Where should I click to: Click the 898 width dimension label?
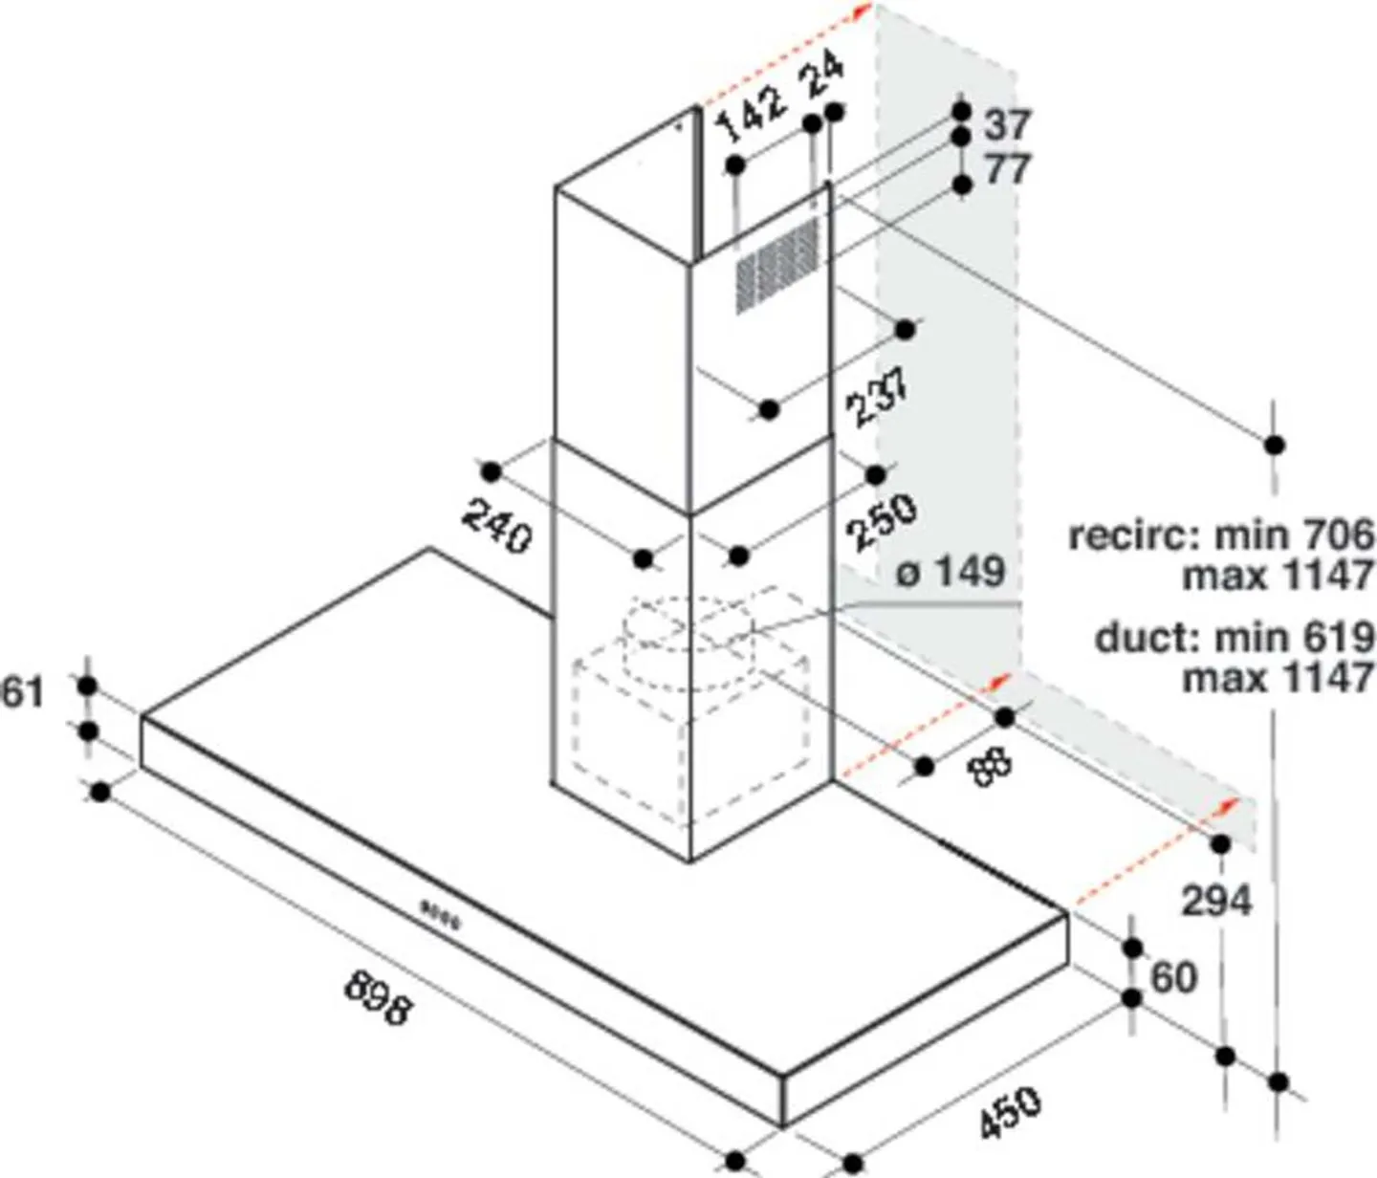click(378, 996)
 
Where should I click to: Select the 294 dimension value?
click(1215, 901)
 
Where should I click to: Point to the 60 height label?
click(1173, 977)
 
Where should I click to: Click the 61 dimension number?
click(23, 691)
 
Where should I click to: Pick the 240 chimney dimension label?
click(496, 527)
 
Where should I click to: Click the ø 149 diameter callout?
click(951, 572)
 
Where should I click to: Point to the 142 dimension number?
click(752, 112)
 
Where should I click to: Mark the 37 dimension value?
click(1007, 124)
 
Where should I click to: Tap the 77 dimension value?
click(1007, 169)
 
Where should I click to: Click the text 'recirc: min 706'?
click(1220, 534)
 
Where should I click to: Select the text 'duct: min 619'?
click(1235, 637)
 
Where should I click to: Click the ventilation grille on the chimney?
click(777, 264)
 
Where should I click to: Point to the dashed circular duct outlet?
click(688, 631)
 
